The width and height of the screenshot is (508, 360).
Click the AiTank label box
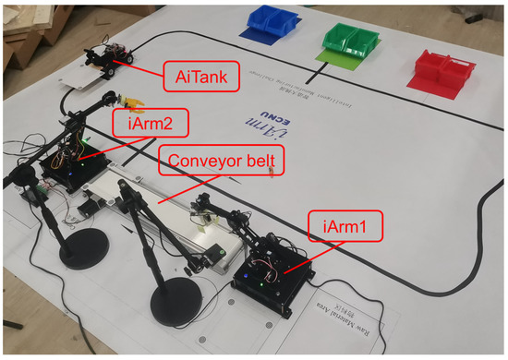pos(200,73)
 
